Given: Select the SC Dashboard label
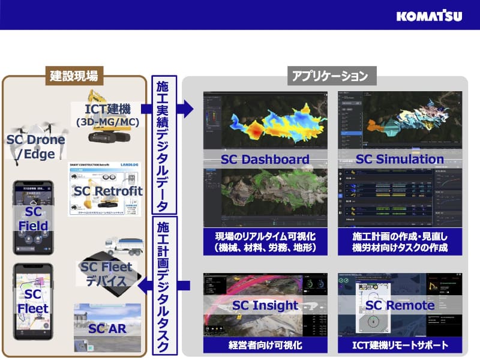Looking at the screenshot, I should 265,160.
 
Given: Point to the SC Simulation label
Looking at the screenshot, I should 400,159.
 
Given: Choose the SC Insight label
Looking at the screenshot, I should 265,305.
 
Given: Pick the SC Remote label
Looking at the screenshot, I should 400,305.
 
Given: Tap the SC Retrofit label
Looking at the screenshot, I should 109,191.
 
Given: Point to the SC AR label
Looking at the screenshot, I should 107,329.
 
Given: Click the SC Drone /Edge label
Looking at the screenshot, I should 35,147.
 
